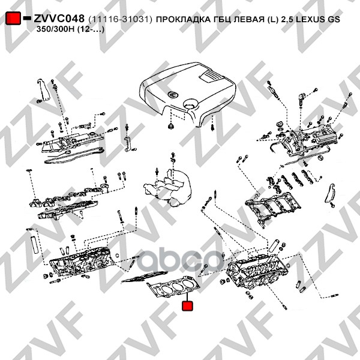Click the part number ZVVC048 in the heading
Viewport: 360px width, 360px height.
[x=59, y=19]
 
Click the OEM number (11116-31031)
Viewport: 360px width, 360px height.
[x=121, y=20]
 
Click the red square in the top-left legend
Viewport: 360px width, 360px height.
[x=13, y=18]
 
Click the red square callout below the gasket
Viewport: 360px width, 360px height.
[x=187, y=305]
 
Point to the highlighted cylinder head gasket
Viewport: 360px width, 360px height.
[x=174, y=287]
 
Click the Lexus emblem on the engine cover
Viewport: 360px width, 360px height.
[x=172, y=94]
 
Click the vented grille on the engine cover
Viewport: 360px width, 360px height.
[x=211, y=76]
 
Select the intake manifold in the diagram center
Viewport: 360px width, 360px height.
[x=167, y=187]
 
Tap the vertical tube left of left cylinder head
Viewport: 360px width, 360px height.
[x=34, y=245]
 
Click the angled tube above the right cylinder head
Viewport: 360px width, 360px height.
[x=274, y=245]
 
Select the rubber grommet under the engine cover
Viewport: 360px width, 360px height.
[x=170, y=126]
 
